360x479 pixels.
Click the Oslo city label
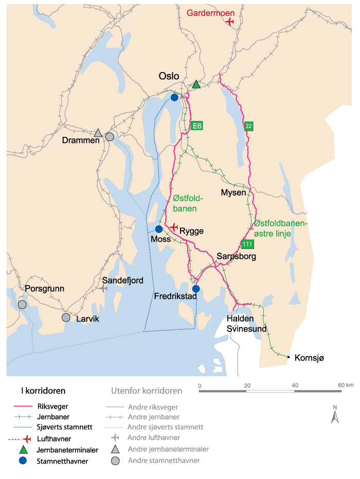click(169, 76)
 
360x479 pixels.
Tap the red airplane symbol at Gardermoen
click(229, 21)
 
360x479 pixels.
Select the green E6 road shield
click(196, 125)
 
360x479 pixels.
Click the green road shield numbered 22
click(248, 126)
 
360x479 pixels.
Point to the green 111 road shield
click(247, 243)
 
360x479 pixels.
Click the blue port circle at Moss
click(159, 229)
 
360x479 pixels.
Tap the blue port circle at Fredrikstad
click(195, 289)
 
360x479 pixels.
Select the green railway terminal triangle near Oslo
click(196, 84)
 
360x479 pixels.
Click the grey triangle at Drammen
click(98, 133)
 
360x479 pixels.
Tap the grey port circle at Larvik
click(66, 317)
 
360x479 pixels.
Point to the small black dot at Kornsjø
click(289, 357)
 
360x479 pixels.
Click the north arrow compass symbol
click(335, 414)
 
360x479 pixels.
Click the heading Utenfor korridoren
click(147, 391)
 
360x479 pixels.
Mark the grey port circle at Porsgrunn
click(22, 305)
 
